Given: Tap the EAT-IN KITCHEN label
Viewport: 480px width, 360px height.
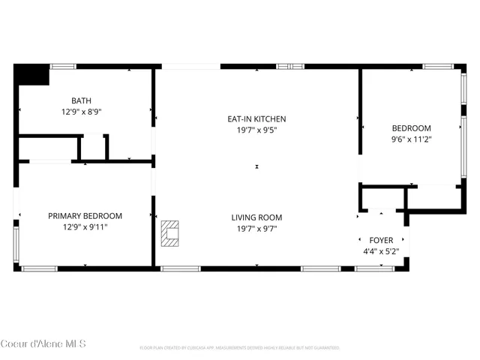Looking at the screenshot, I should tap(256, 118).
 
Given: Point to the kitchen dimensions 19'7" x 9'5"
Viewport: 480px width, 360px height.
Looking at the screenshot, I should tap(256, 129).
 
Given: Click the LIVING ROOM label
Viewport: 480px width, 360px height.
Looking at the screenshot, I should tap(256, 217).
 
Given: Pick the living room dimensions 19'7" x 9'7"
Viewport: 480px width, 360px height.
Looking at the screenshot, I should tap(256, 229).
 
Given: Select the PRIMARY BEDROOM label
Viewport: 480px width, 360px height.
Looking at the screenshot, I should tap(85, 216).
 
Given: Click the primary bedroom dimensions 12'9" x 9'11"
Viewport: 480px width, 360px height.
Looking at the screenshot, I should tap(85, 226).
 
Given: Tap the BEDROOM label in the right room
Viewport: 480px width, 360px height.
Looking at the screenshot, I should tap(411, 128).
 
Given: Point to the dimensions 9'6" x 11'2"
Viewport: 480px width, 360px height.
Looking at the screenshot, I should tap(411, 139).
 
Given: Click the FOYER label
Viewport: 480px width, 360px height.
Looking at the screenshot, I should tap(382, 240).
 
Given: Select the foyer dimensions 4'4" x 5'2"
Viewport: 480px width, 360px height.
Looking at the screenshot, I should tap(382, 251).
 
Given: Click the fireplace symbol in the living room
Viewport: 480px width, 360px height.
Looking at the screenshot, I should tap(170, 232).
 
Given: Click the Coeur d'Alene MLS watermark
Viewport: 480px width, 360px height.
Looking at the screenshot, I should tap(43, 343).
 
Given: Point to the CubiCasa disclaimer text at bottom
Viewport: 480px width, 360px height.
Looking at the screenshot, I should tap(240, 348).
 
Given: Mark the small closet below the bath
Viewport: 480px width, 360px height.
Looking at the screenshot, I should tap(92, 147).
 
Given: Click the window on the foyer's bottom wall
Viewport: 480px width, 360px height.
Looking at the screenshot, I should tap(374, 268).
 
